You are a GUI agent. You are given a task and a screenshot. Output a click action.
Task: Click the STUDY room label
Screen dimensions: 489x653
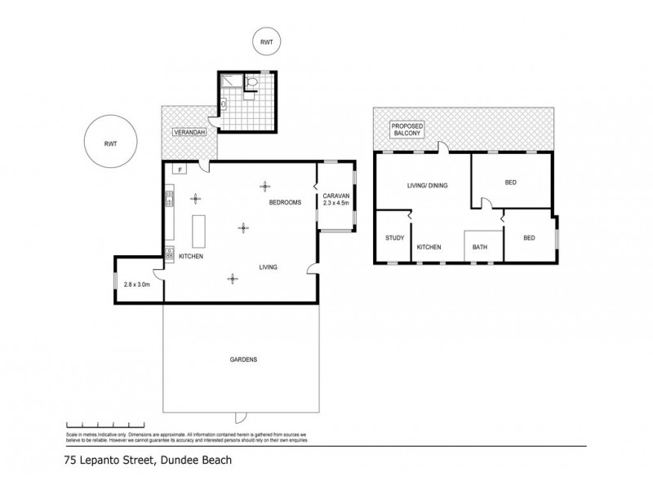click(395, 238)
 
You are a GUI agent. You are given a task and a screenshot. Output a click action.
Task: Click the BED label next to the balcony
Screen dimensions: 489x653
click(512, 183)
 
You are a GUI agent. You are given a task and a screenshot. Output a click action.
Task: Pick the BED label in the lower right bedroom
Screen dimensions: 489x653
click(529, 238)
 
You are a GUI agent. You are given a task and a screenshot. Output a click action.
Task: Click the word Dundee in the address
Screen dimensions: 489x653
click(163, 460)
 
